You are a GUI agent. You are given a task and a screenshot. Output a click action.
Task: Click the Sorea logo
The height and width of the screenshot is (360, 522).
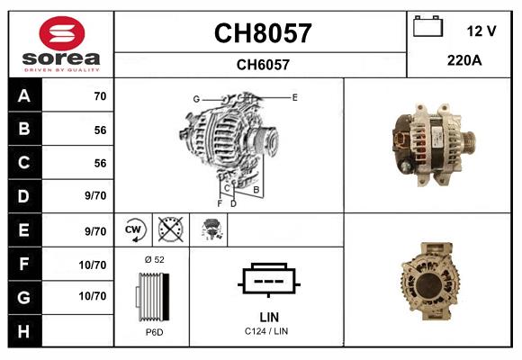pyautogui.click(x=60, y=45)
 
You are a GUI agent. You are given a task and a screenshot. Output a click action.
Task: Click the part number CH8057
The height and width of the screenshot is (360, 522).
pyautogui.click(x=262, y=34)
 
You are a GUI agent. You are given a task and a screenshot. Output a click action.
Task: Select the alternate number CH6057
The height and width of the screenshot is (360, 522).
pyautogui.click(x=262, y=65)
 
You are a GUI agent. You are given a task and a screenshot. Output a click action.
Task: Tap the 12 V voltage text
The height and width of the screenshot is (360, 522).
pyautogui.click(x=481, y=31)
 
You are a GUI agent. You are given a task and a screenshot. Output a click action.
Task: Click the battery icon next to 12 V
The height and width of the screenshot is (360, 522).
pyautogui.click(x=427, y=27)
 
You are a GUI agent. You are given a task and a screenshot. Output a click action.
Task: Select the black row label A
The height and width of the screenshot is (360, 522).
pyautogui.click(x=23, y=96)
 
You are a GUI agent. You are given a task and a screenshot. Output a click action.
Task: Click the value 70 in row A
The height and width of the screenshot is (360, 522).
pyautogui.click(x=99, y=96)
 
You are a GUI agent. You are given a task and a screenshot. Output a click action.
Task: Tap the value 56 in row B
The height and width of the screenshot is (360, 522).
pyautogui.click(x=99, y=130)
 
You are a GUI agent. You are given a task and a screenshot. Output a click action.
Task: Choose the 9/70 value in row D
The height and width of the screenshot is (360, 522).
pyautogui.click(x=94, y=196)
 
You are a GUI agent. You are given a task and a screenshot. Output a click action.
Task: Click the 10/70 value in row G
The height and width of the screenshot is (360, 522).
pyautogui.click(x=93, y=295)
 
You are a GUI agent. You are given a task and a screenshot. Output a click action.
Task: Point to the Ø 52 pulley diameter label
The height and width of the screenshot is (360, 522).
pyautogui.click(x=153, y=259)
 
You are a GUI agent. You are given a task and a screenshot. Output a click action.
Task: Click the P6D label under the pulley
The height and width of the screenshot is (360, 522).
pyautogui.click(x=153, y=332)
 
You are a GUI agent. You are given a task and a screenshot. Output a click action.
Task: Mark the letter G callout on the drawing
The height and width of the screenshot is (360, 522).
pyautogui.click(x=195, y=99)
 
